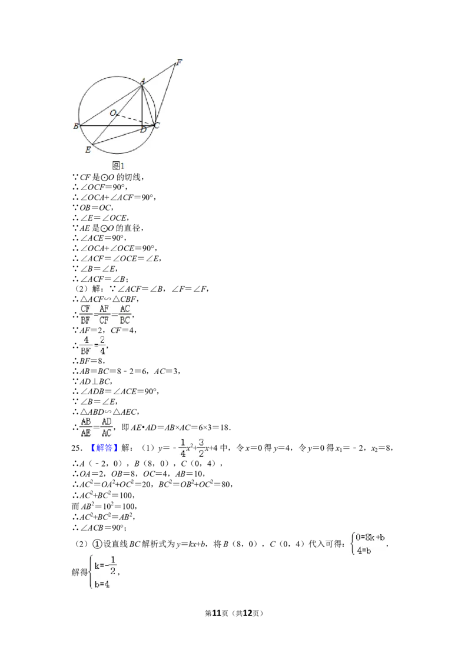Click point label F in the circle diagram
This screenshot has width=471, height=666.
(x=180, y=62)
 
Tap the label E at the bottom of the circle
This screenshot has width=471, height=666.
(x=88, y=149)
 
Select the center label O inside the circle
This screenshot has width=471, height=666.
(x=113, y=113)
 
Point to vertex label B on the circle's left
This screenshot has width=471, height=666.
(x=76, y=126)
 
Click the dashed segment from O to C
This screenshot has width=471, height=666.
(x=135, y=119)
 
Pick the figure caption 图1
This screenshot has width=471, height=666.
(x=118, y=166)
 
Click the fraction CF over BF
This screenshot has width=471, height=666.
(x=85, y=314)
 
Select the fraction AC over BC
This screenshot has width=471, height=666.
(x=125, y=314)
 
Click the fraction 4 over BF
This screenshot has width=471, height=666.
(x=85, y=346)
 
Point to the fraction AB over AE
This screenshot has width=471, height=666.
(x=86, y=427)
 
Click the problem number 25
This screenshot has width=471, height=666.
(x=76, y=448)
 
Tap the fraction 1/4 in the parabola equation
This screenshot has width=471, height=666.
(x=183, y=448)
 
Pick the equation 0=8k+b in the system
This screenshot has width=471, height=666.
(x=370, y=538)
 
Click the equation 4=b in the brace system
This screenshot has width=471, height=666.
(x=364, y=551)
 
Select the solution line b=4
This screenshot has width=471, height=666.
(x=102, y=584)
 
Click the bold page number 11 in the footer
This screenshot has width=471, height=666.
(x=217, y=613)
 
